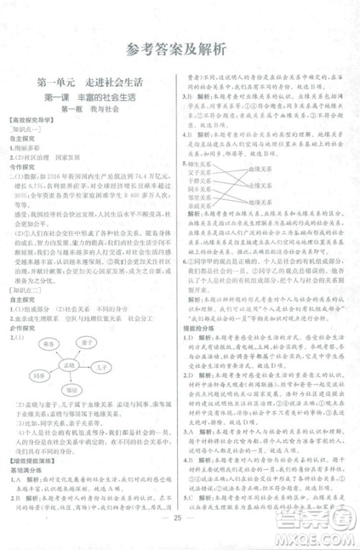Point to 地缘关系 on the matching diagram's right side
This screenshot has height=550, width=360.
[x=260, y=203]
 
